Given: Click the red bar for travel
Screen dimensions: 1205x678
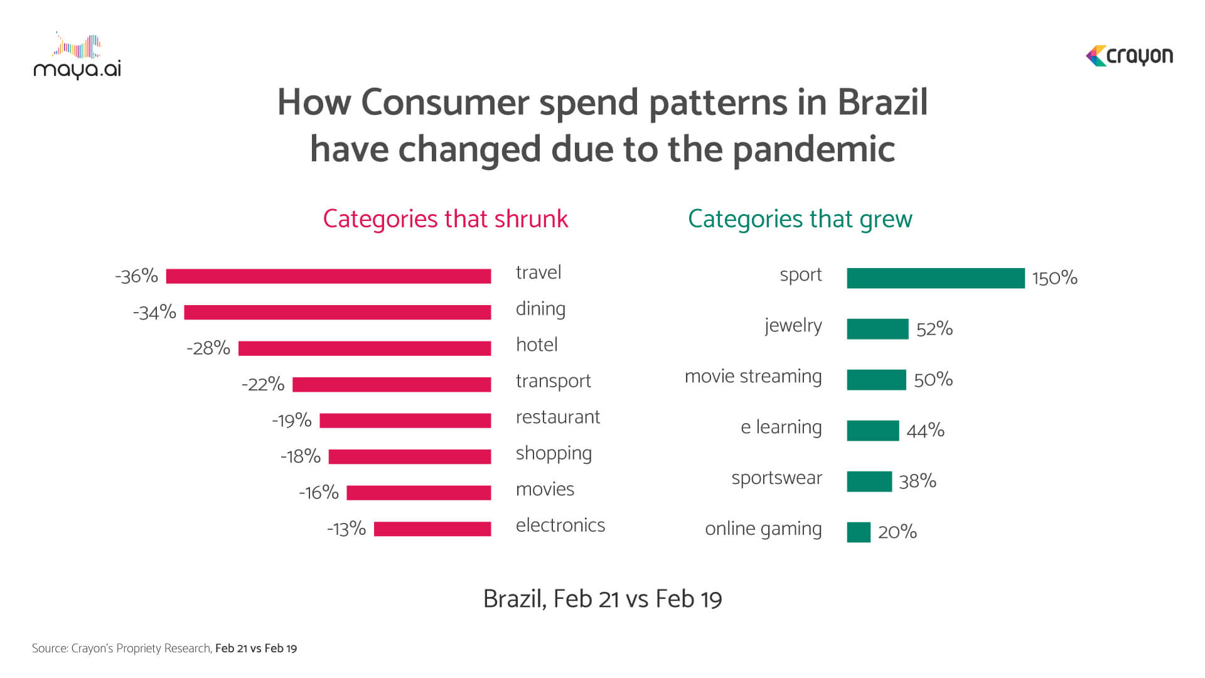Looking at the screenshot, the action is coord(328,276).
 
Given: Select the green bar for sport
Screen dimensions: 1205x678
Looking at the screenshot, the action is coord(936,278).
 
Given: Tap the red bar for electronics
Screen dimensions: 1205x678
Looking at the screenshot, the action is coord(432,529).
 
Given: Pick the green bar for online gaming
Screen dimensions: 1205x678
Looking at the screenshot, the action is coord(859,532).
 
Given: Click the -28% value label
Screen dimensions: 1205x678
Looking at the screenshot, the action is coord(208,348).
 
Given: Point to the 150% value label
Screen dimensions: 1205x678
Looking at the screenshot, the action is coord(1055,278).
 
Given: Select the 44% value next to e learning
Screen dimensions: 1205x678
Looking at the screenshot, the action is coord(926,431).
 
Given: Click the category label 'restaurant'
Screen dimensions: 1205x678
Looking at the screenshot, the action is coord(558,417).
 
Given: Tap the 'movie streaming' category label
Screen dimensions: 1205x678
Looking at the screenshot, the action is coord(753,377).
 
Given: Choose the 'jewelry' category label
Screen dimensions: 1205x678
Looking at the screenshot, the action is coord(793,326).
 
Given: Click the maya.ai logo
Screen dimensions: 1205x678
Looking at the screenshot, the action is coord(77,56).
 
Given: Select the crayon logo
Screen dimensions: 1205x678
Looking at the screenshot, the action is coord(1129,56).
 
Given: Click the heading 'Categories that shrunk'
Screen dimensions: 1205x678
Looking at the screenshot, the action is coord(446,219).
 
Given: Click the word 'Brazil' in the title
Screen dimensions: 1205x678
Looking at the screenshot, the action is coord(882,102).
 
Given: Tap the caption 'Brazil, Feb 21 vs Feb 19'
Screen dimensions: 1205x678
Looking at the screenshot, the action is coord(602,599).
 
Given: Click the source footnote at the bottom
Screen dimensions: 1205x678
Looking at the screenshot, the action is coord(164,648).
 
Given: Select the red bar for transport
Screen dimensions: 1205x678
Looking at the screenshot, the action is coord(392,385).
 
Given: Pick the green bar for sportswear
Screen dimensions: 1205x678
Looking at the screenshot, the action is coord(869,482).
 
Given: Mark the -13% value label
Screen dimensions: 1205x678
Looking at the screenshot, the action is coord(346,529).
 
